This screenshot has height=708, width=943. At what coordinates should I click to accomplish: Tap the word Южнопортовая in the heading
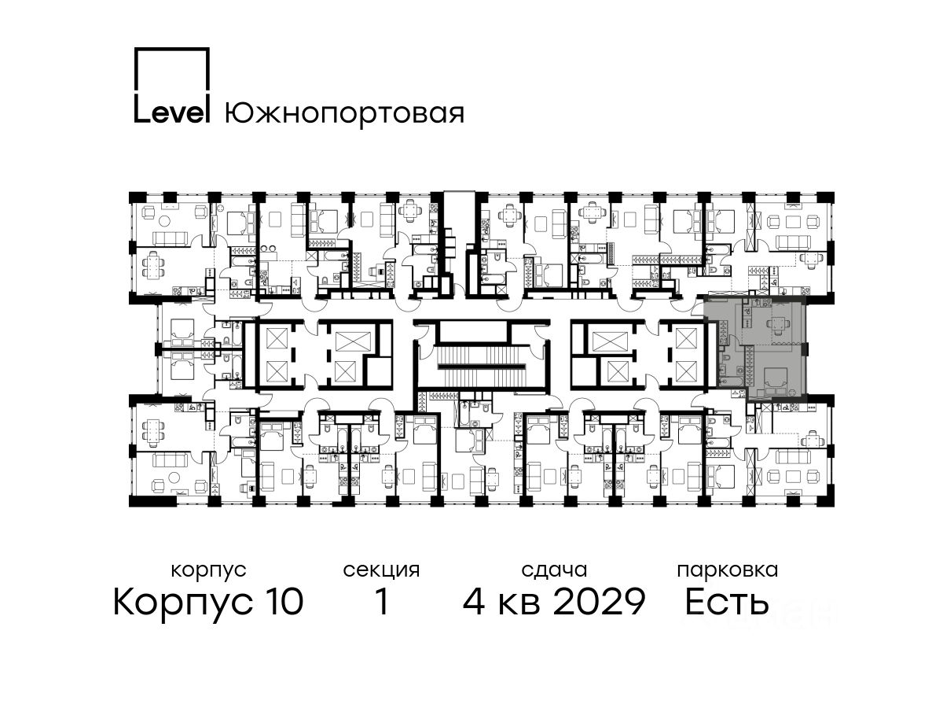point(344,114)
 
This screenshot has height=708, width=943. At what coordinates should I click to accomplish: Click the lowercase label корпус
point(208,571)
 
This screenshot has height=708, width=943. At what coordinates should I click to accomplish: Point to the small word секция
point(381,570)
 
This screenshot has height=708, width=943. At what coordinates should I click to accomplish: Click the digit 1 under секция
point(382,601)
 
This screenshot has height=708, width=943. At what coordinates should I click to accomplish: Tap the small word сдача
point(554,570)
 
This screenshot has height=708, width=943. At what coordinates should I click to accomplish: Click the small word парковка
point(728,570)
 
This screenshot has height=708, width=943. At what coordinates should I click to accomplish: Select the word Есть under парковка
point(726,601)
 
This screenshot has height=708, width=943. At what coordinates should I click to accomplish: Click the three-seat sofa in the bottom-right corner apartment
point(794,455)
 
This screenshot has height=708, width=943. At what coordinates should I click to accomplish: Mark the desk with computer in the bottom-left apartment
point(248,489)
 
